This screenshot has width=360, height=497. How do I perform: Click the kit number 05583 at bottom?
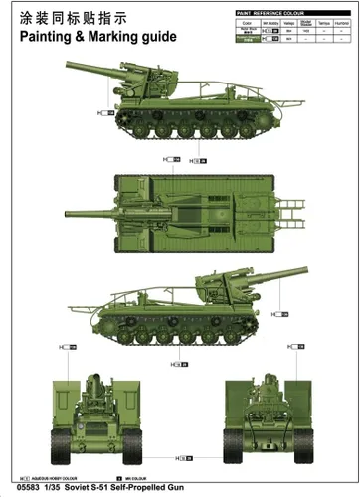pos(18,488)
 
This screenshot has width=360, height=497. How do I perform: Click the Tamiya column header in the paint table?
pos(323,20)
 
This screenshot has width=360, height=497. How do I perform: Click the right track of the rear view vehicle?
pos(285,437)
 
